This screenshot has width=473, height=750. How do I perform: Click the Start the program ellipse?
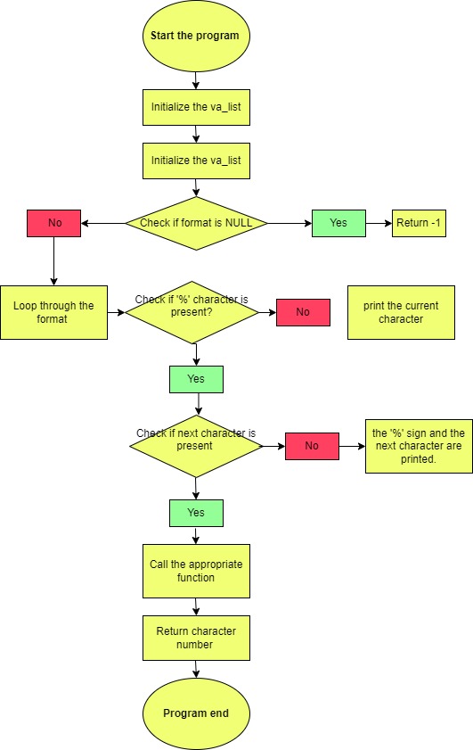196,37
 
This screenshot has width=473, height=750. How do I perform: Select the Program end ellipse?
196,713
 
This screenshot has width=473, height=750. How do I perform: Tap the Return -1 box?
419,223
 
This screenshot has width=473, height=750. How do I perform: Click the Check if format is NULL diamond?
196,223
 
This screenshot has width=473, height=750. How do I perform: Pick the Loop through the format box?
53,312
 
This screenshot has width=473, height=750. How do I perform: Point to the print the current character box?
401,312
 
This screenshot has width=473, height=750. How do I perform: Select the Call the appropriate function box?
196,571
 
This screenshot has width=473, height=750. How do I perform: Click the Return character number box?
196,638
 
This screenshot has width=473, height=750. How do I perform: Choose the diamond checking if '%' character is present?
192,312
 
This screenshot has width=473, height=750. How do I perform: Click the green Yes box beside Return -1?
338,223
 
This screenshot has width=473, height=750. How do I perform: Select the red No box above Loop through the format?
53,223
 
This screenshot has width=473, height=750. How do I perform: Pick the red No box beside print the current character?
303,312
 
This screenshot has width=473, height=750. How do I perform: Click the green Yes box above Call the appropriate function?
196,513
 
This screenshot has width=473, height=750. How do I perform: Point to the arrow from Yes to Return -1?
379,223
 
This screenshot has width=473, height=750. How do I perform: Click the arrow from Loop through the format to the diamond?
116,312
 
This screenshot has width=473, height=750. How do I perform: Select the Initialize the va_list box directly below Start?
196,107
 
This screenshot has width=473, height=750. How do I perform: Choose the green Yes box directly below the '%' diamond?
196,379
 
